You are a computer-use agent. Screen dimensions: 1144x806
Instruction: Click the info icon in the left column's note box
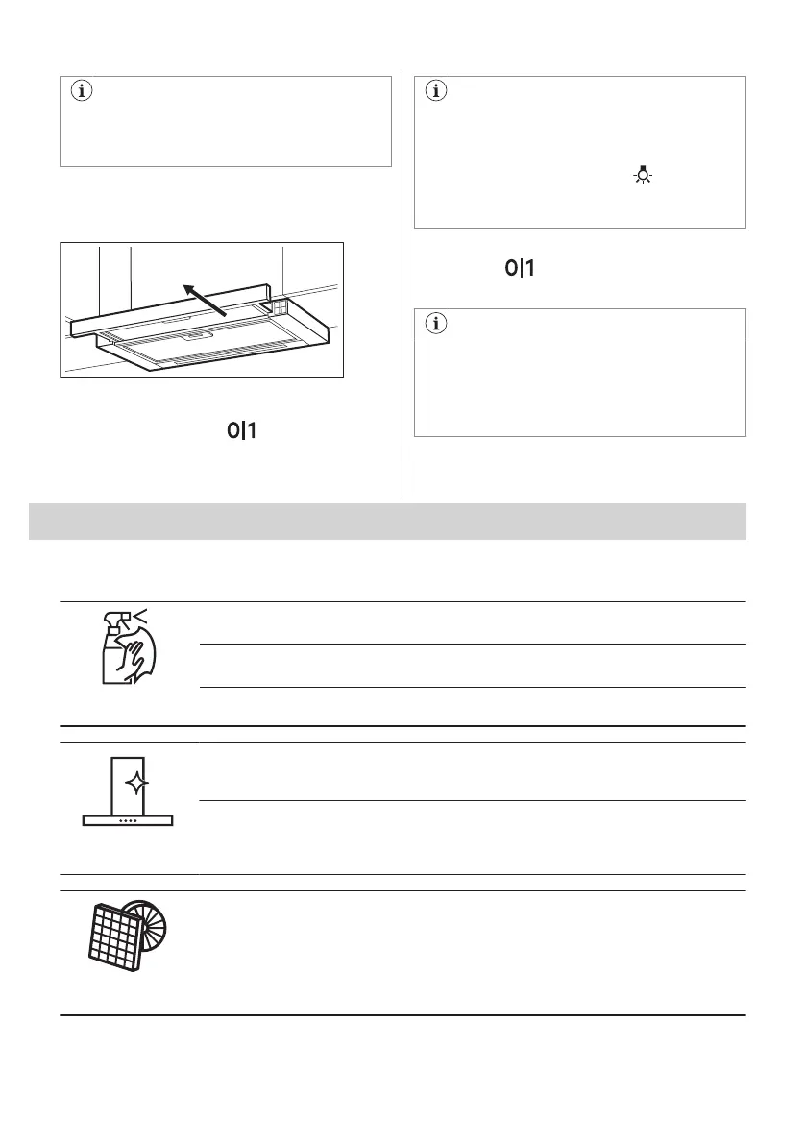coord(81,93)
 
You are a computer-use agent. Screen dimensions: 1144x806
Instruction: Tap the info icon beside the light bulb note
coord(436,93)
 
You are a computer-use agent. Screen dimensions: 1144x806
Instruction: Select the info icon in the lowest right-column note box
coord(436,325)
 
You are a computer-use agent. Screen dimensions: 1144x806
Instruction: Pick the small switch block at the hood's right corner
coord(280,306)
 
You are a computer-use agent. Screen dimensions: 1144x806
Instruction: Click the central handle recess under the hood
coord(200,336)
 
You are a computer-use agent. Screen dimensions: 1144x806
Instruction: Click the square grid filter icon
coord(110,937)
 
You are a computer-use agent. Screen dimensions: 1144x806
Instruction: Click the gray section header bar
coord(387,522)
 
